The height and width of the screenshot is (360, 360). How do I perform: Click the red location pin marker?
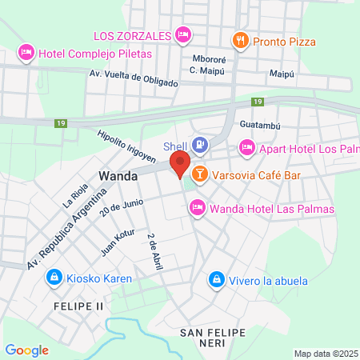coord(179,163)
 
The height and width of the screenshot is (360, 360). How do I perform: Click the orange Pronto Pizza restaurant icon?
coord(239,40)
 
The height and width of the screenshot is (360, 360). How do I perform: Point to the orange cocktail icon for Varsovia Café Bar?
coord(199,173)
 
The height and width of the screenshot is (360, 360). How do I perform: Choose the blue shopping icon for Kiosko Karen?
coord(54,278)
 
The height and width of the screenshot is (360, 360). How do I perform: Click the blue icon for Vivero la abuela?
coord(215,279)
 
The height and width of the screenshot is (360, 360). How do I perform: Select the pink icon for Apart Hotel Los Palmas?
coord(246,147)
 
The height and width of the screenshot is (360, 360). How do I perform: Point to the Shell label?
coord(174,146)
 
